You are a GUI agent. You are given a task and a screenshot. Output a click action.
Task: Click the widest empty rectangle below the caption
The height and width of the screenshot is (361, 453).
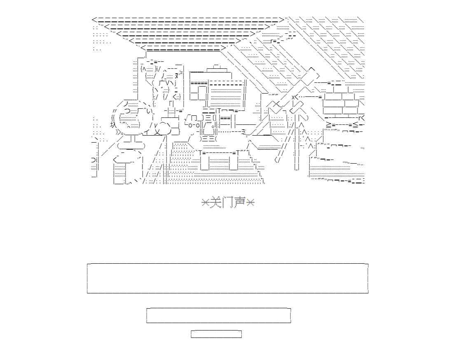click(227, 279)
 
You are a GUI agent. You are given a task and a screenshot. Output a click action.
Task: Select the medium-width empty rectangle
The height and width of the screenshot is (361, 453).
click(219, 315)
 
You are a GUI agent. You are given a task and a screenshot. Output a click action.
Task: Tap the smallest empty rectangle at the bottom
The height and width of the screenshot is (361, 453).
click(216, 334)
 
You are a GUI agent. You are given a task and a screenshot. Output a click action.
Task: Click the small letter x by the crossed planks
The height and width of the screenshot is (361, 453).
click(293, 97)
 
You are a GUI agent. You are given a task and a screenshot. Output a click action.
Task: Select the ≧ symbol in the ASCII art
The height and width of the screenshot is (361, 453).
click(329, 124)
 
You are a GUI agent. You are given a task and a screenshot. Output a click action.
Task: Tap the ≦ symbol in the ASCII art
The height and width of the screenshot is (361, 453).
click(355, 124)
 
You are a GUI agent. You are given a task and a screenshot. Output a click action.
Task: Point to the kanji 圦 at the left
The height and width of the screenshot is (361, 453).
click(113, 125)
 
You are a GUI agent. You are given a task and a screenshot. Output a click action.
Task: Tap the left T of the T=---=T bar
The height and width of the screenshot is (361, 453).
click(201, 153)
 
